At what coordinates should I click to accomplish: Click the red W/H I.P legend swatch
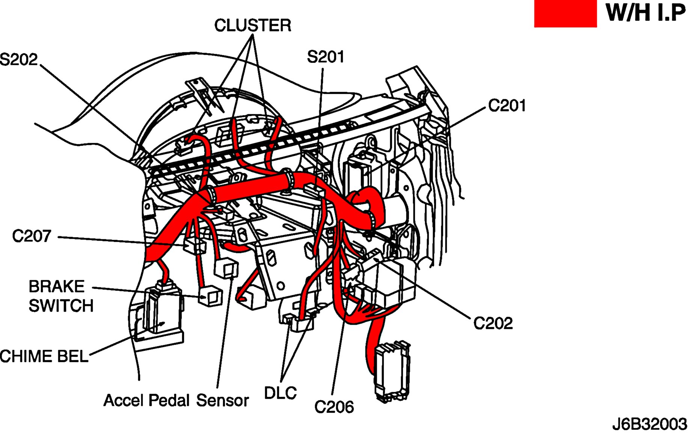coord(565,14)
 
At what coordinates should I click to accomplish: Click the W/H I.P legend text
coord(645,13)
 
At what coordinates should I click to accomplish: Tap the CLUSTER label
coord(253,26)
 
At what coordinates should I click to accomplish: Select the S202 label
coord(19,60)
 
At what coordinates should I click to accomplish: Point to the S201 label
coord(325,57)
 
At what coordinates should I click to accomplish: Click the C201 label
coord(507,106)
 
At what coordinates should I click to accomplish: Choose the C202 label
coord(493,323)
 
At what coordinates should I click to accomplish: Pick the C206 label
coord(334,407)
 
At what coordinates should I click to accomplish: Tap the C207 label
coord(32,236)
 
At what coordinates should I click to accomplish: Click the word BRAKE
coord(57,287)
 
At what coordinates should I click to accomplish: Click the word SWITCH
coord(61,306)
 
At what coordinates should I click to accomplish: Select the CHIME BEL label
coord(44,356)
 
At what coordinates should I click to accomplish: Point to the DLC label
coord(280,393)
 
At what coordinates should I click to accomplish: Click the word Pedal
coord(169,401)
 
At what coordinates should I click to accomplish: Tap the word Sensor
coord(222,401)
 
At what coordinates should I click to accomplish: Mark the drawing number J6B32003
coord(649,424)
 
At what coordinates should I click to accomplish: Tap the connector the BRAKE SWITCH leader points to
coord(210,295)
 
